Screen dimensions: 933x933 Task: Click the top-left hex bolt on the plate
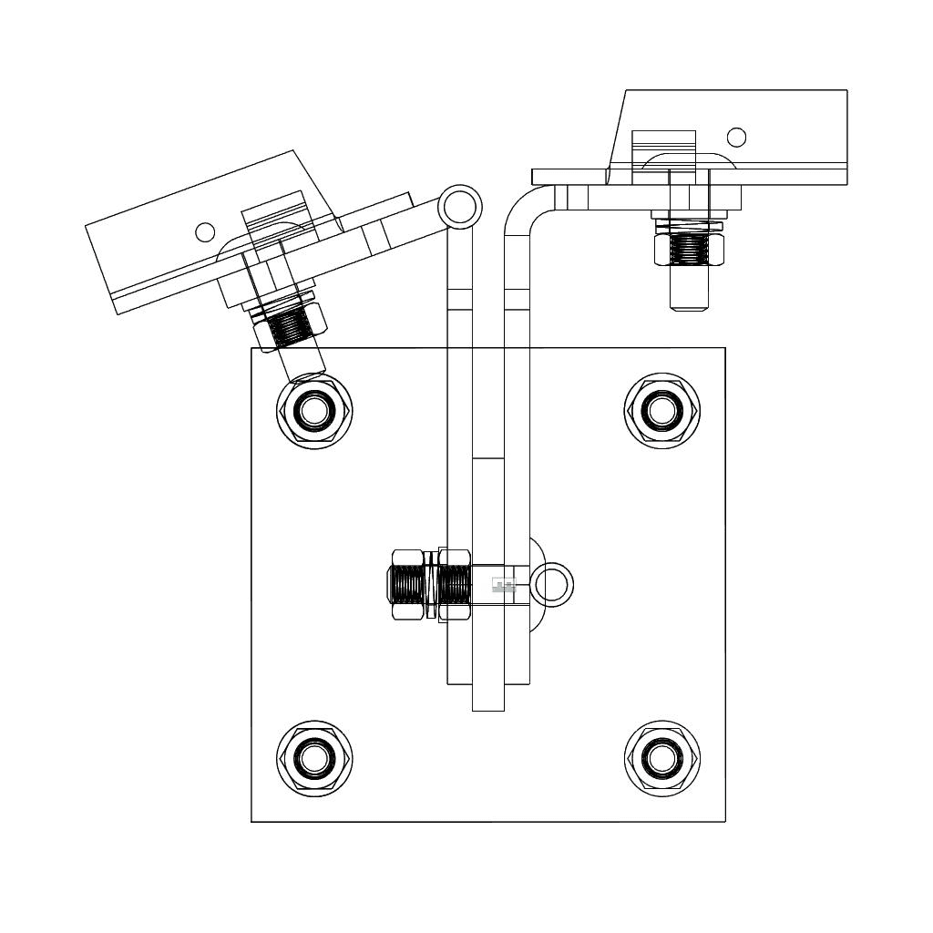(x=314, y=410)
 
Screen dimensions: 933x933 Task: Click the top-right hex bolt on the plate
(x=661, y=410)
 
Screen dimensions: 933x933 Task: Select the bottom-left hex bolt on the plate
(x=314, y=758)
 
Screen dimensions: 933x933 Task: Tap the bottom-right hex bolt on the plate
(x=661, y=758)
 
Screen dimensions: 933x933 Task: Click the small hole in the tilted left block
(x=206, y=232)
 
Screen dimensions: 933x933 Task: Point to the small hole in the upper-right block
(x=737, y=138)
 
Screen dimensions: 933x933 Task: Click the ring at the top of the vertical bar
(x=459, y=207)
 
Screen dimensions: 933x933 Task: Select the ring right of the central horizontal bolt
(x=552, y=584)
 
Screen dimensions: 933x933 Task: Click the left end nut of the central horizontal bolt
(x=406, y=584)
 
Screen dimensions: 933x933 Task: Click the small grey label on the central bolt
(x=504, y=585)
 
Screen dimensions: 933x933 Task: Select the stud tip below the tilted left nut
(x=302, y=364)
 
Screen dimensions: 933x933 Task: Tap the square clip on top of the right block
(x=663, y=143)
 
